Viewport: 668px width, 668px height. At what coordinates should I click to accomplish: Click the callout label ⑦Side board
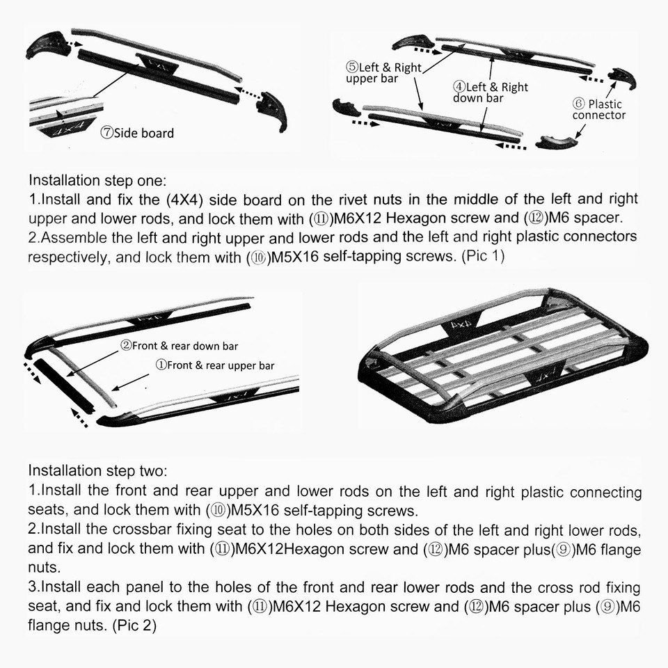(137, 133)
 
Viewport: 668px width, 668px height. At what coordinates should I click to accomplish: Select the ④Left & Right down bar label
(491, 93)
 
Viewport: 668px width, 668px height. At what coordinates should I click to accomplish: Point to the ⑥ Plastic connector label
(598, 109)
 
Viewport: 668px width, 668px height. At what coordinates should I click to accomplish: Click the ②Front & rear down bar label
(180, 346)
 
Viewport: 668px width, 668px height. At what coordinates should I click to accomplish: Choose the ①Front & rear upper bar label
(214, 365)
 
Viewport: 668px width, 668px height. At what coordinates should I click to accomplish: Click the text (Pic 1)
(483, 255)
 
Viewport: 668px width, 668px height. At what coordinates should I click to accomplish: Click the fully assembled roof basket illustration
(504, 355)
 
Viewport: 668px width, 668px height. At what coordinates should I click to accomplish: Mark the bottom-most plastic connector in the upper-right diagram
(557, 143)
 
